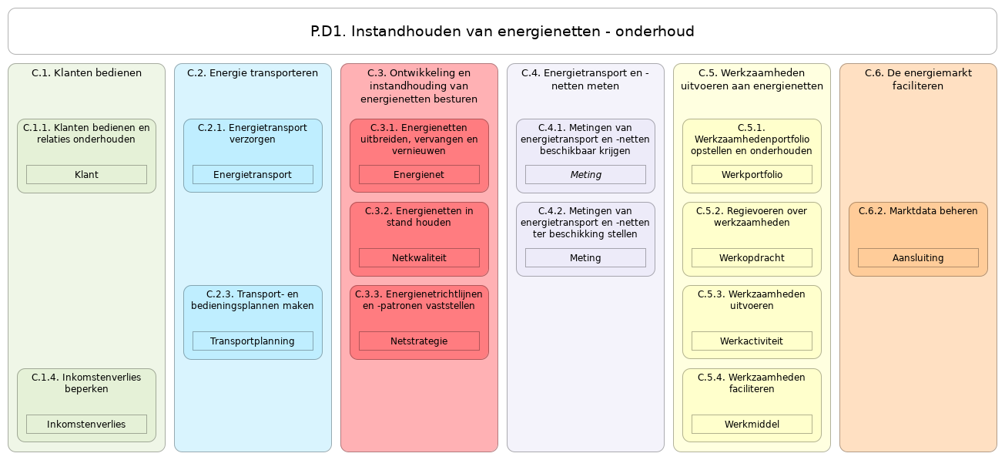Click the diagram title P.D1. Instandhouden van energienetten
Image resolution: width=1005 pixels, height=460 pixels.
[502, 32]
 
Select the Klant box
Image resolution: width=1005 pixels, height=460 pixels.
[86, 175]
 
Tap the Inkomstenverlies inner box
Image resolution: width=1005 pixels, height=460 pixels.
[86, 425]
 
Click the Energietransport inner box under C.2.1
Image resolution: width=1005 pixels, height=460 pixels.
[253, 175]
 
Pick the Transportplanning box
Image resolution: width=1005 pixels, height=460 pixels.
[253, 341]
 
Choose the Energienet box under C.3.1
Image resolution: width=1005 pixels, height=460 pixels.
[419, 175]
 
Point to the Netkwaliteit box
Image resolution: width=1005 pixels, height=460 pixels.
[419, 258]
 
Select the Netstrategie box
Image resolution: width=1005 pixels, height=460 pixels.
[419, 341]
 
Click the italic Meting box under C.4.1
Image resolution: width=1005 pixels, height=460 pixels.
[585, 175]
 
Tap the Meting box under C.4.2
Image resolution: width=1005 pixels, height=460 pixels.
[585, 258]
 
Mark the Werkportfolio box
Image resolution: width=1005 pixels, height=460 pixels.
[752, 175]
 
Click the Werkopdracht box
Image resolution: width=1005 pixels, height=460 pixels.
[752, 258]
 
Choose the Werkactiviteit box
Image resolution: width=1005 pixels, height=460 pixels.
[752, 341]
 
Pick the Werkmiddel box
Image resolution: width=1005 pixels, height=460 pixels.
[752, 425]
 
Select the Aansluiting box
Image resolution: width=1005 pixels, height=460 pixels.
[918, 258]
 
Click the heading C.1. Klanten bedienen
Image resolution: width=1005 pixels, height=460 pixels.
[86, 73]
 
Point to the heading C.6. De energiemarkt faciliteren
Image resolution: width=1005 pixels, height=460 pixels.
[918, 79]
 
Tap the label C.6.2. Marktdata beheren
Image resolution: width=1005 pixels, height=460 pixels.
[918, 211]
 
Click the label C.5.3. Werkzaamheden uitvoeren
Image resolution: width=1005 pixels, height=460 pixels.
[752, 300]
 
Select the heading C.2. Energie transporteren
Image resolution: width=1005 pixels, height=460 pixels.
[253, 73]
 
